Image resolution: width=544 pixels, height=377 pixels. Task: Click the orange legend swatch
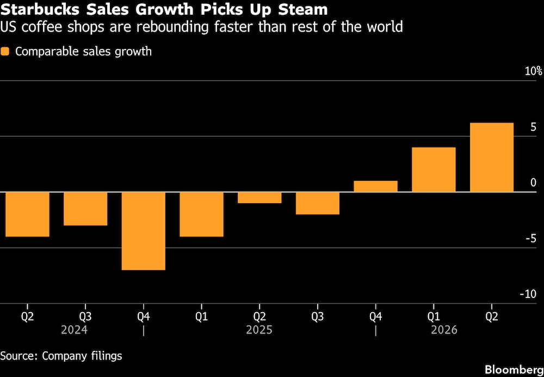pyautogui.click(x=5, y=52)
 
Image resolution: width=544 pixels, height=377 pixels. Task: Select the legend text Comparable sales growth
pyautogui.click(x=83, y=52)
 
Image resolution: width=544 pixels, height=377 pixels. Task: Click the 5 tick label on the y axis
pyautogui.click(x=533, y=127)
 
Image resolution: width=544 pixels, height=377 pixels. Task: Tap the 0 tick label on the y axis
pyautogui.click(x=533, y=183)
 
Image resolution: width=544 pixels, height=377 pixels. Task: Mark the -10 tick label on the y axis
pyautogui.click(x=529, y=294)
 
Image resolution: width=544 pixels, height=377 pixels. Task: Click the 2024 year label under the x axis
pyautogui.click(x=74, y=330)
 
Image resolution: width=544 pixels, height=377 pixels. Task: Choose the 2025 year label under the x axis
pyautogui.click(x=259, y=330)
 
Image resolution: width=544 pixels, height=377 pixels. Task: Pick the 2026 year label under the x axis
pyautogui.click(x=444, y=330)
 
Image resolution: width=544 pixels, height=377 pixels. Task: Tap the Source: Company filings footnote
pyautogui.click(x=61, y=356)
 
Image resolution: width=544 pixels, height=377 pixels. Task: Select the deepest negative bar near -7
pyautogui.click(x=143, y=230)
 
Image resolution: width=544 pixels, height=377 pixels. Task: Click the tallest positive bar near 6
pyautogui.click(x=491, y=157)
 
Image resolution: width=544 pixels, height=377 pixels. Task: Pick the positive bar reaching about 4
pyautogui.click(x=434, y=169)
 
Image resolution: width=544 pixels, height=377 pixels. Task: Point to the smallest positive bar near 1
pyautogui.click(x=375, y=186)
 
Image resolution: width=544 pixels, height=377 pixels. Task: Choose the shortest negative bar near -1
pyautogui.click(x=259, y=197)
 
